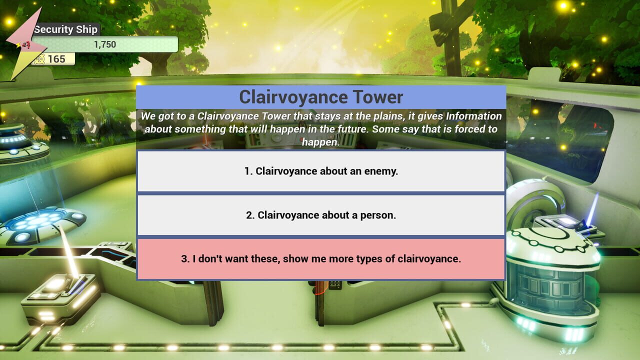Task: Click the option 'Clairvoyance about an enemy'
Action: click(321, 171)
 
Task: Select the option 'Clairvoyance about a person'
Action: click(321, 215)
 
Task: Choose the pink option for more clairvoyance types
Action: click(321, 259)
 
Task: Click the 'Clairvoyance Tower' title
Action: click(321, 97)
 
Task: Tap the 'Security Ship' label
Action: click(66, 29)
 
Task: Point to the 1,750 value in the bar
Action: click(105, 44)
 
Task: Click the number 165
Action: click(56, 59)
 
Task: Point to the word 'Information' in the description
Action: click(473, 116)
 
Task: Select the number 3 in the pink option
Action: click(185, 259)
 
